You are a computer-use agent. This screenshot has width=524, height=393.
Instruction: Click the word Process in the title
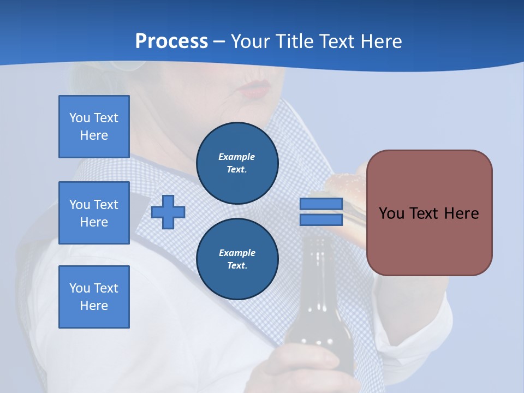point(171,41)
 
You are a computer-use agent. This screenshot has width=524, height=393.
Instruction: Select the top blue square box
point(94,127)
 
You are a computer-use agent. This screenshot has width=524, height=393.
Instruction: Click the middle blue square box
point(94,213)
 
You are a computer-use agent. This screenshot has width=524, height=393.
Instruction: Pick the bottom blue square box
point(94,297)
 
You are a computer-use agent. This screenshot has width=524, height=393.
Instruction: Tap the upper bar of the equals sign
point(321,204)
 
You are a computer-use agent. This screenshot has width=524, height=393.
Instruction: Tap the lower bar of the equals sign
point(321,220)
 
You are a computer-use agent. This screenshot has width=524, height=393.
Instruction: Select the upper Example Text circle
point(237,163)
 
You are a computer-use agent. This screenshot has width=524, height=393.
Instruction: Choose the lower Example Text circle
point(237,259)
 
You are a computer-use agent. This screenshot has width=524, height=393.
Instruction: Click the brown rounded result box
point(429,213)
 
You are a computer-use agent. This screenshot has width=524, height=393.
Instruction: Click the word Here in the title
point(379,41)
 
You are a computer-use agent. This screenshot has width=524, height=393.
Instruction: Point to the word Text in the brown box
point(429,213)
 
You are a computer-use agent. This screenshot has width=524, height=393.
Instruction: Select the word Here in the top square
point(94,135)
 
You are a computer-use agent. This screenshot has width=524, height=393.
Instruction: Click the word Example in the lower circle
point(237,253)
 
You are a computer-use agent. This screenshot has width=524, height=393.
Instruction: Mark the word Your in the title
point(248,41)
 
